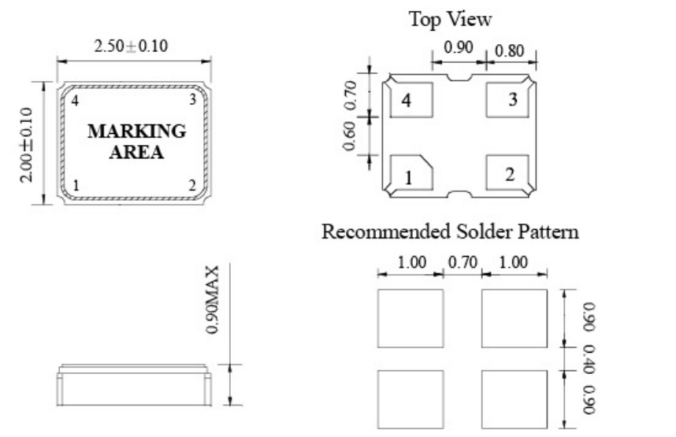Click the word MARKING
(x=137, y=131)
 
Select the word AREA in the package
(x=137, y=152)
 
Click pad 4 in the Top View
(x=410, y=100)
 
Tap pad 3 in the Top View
(x=509, y=100)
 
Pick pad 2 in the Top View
(x=509, y=172)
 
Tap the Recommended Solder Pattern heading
(x=450, y=232)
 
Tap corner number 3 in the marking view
(x=191, y=99)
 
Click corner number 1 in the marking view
(x=76, y=185)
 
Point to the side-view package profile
(x=135, y=387)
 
